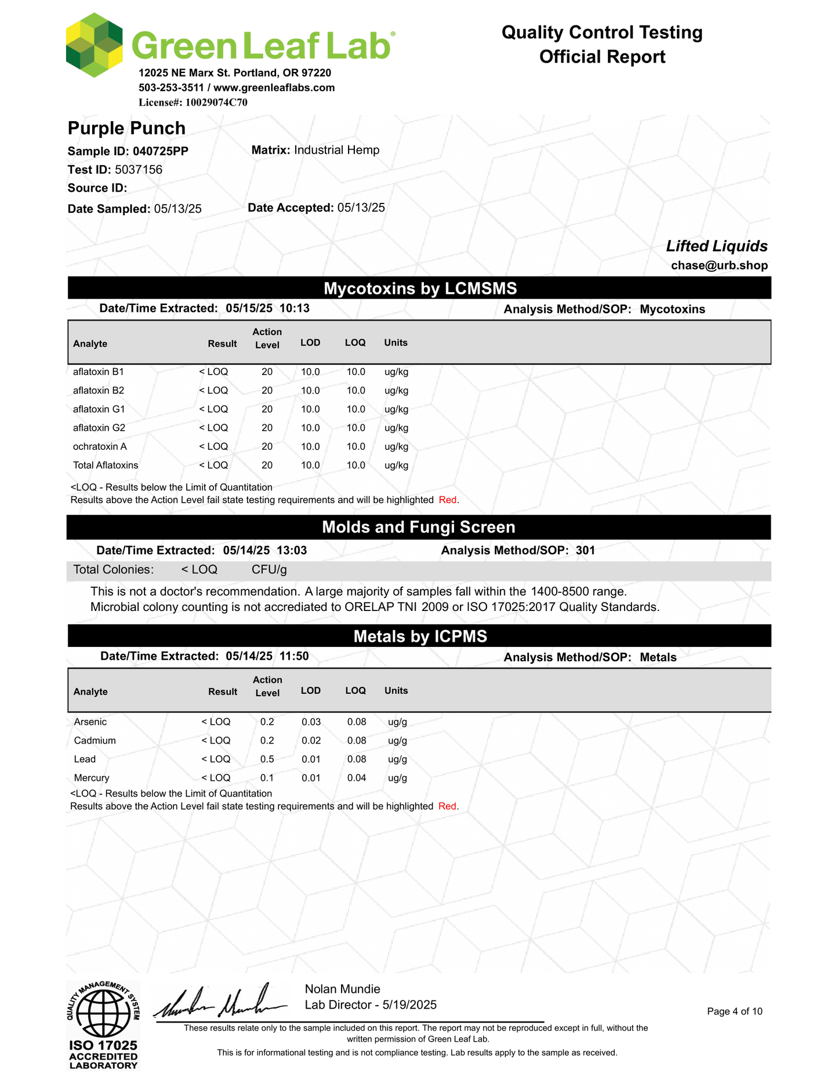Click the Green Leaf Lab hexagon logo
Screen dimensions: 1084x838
94,45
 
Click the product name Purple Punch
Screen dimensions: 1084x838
126,128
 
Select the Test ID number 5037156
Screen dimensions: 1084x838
139,170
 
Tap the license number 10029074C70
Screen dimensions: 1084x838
216,103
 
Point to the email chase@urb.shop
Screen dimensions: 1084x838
719,265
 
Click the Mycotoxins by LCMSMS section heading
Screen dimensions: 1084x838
419,288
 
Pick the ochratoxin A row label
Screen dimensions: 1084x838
100,446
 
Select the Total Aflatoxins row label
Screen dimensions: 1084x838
106,465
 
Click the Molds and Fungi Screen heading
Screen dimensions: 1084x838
418,527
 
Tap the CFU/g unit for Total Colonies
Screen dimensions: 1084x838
269,570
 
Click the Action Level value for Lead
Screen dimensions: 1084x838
267,759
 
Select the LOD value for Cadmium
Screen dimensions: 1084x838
311,740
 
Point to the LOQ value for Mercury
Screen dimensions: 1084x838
357,777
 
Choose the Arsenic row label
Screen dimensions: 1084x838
90,722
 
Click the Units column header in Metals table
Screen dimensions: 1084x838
396,690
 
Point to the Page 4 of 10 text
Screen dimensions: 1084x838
734,1012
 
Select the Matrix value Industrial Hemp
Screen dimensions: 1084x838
336,150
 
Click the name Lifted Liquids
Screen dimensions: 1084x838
716,246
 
